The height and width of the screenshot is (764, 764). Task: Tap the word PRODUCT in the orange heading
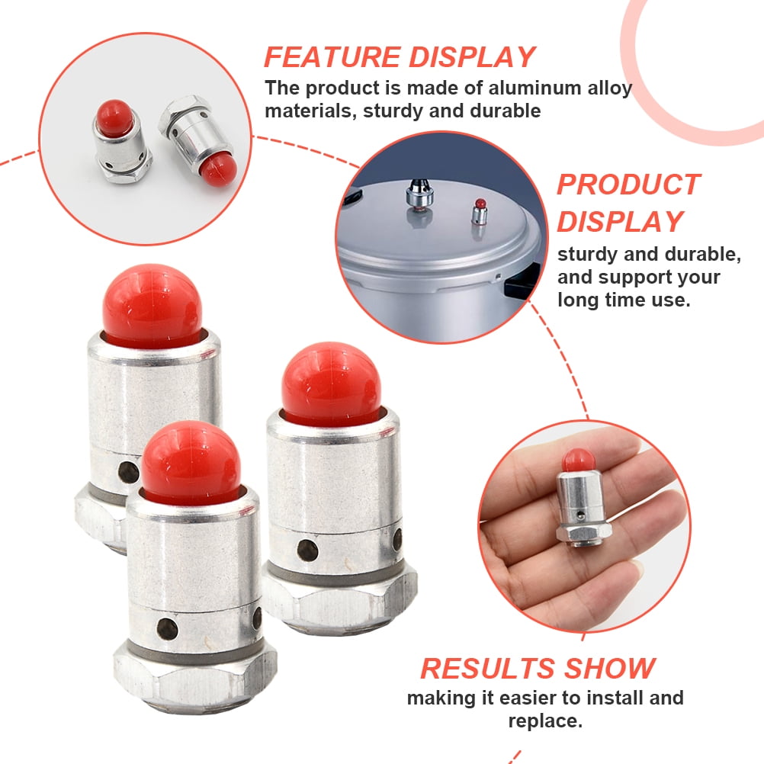pos(628,185)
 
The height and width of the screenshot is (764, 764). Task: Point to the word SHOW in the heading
pos(609,669)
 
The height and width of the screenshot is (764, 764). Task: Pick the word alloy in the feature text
pos(611,88)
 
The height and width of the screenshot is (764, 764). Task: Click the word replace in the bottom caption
pos(542,721)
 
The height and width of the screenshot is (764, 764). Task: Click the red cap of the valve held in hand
pos(579,460)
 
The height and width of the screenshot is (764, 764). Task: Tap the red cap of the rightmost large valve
pos(330,383)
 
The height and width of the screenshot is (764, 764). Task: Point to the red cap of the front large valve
pos(191,461)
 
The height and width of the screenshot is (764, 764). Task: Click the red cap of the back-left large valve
pos(152,303)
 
